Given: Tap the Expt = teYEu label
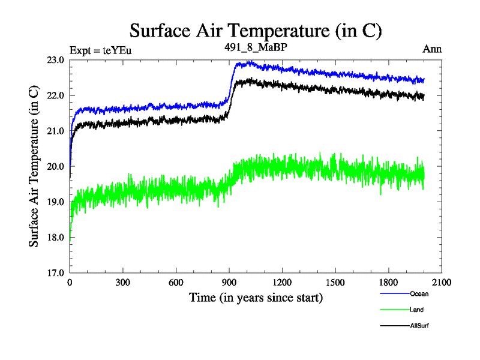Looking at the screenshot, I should (x=100, y=50).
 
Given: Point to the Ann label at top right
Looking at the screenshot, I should (x=432, y=49).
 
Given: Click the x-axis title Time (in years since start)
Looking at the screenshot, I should (x=256, y=297).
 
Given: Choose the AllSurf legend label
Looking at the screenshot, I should (x=419, y=325).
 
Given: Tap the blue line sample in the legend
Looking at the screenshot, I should (x=394, y=295).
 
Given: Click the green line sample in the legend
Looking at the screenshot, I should (x=394, y=310).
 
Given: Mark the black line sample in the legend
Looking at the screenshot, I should (x=394, y=326).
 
